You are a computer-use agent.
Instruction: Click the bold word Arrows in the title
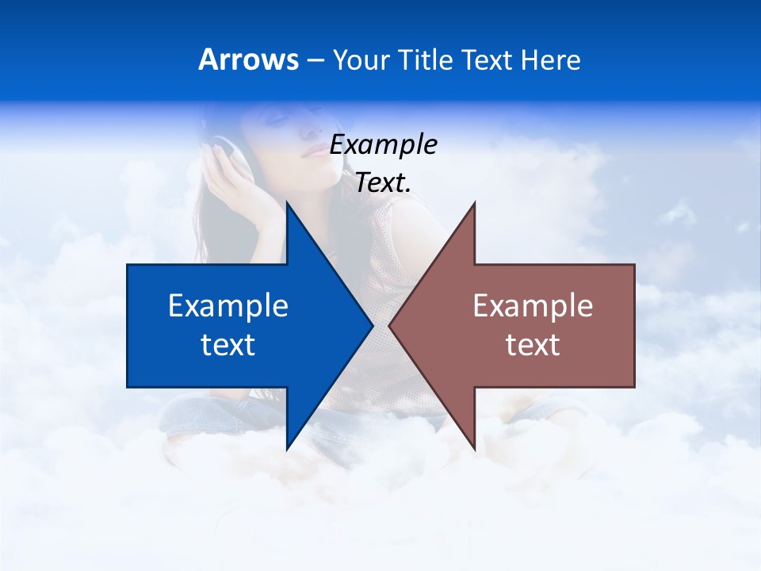pos(248,59)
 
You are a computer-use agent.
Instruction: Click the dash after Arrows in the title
pos(315,61)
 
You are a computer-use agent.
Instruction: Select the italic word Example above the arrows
pos(383,145)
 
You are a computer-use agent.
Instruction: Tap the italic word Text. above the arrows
pos(383,183)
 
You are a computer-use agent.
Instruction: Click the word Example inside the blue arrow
pos(228,306)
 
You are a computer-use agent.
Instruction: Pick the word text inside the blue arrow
pos(228,345)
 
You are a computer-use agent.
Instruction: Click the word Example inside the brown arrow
pos(533,306)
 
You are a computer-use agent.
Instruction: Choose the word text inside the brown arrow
pos(533,345)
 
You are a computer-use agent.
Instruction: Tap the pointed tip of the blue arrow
pos(371,325)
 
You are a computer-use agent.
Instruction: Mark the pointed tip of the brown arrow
pos(391,325)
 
